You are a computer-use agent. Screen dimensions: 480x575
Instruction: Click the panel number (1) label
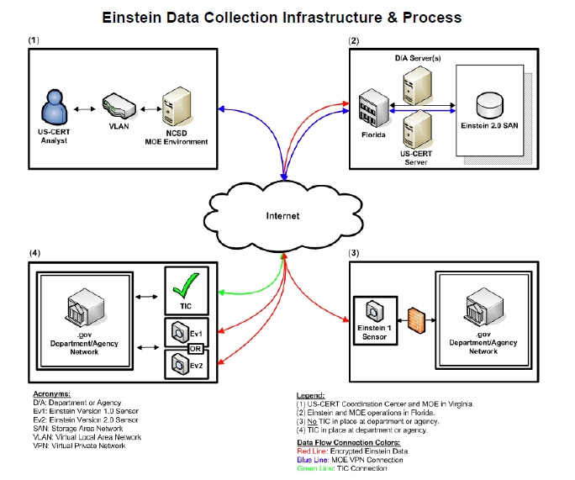[34, 40]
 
